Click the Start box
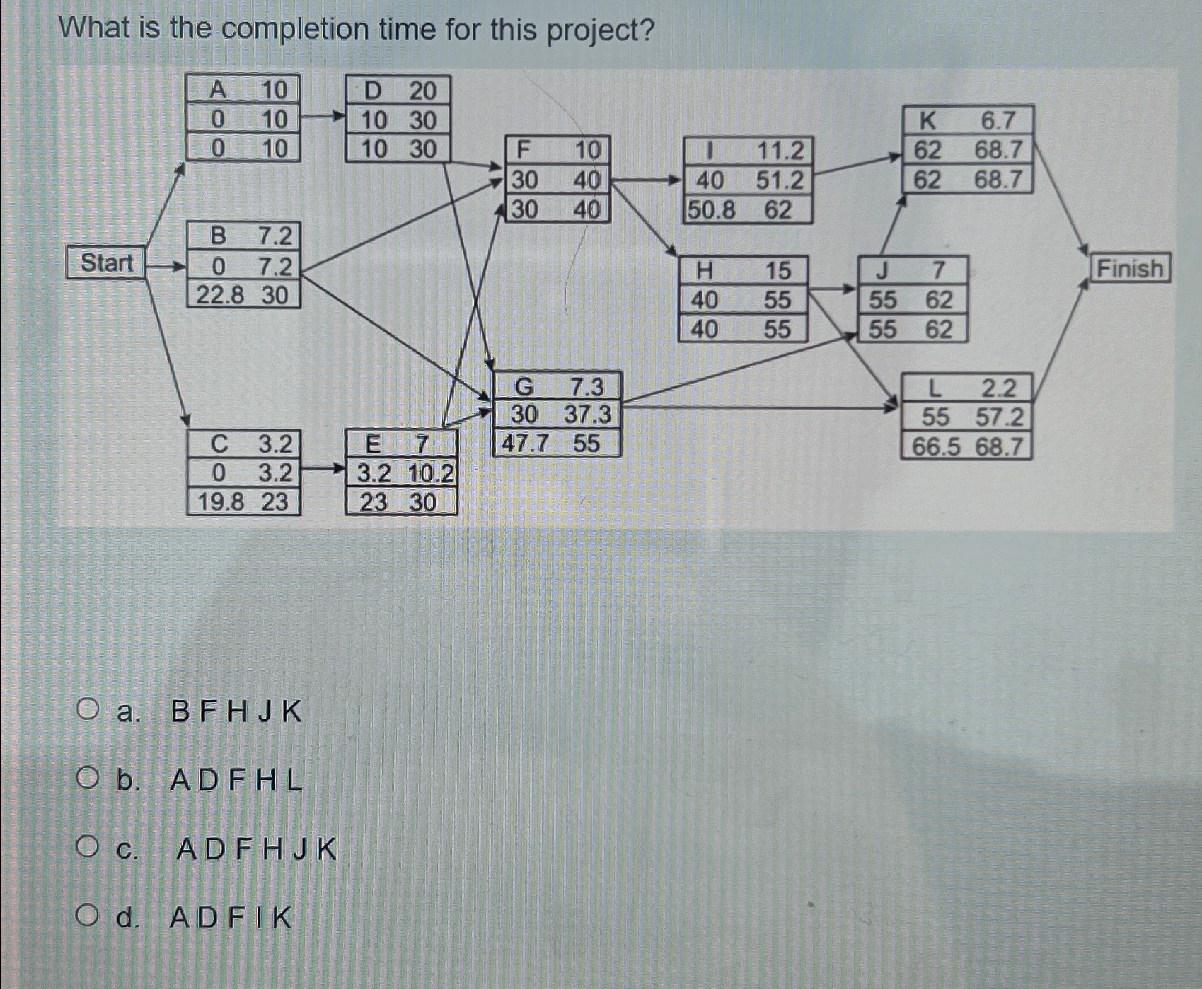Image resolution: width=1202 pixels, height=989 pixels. [x=106, y=262]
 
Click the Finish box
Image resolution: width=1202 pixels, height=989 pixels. [x=1130, y=269]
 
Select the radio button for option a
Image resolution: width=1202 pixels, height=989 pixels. [x=88, y=709]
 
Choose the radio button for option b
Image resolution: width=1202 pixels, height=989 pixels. [x=88, y=779]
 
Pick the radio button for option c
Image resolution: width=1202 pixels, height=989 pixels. [x=88, y=846]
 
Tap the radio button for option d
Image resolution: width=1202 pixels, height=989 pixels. [x=88, y=916]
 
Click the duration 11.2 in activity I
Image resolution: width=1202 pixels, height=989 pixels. [x=780, y=151]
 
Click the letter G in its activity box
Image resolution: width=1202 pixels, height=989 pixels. [x=524, y=386]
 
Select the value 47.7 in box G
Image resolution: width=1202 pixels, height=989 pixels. [x=525, y=444]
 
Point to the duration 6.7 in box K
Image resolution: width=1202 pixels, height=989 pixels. [x=998, y=121]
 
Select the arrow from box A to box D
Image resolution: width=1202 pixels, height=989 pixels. [x=323, y=117]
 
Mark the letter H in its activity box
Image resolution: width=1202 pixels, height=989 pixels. [x=704, y=270]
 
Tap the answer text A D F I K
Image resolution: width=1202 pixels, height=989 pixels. [x=231, y=918]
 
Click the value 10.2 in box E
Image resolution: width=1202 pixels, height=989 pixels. [x=430, y=473]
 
